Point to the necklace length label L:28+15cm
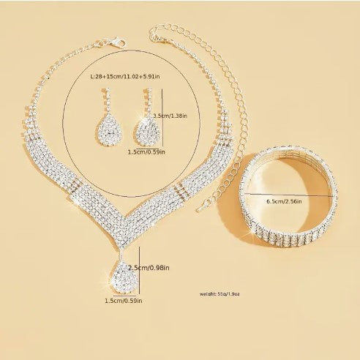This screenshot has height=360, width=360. coord(125,77)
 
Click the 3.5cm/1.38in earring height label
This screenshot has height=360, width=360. coord(170,116)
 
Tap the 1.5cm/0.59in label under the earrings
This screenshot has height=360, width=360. coord(146,152)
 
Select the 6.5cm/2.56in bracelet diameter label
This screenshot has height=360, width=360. coord(284,201)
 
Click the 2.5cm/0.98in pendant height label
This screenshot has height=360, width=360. coord(149,268)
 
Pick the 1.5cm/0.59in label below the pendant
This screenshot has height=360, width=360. coord(124,301)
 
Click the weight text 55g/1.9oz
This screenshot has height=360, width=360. coord(220,294)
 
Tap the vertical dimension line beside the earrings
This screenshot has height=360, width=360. coord(162,118)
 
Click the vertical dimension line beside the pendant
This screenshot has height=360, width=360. coord(139,270)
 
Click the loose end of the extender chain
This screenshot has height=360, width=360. coord(198,209)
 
